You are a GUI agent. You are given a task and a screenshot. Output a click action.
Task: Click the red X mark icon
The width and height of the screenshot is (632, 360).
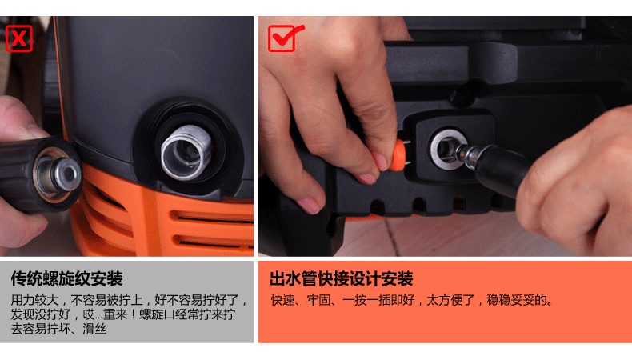click(x=19, y=38)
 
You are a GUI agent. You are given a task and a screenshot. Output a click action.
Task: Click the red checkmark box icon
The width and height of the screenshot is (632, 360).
click(x=286, y=38)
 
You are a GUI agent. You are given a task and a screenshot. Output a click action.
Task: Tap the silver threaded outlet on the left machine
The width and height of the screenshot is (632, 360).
click(x=186, y=152)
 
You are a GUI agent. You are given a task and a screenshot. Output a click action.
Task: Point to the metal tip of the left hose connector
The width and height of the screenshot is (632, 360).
click(x=66, y=174)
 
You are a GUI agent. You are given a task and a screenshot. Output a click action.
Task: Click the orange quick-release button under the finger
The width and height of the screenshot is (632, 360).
click(x=398, y=155)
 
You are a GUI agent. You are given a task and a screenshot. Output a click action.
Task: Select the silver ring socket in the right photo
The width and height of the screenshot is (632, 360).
click(x=447, y=148)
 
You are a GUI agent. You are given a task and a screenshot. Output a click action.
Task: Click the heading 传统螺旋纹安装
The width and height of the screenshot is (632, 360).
click(x=66, y=278)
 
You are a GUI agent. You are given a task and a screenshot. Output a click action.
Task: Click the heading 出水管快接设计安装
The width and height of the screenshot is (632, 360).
click(x=342, y=278)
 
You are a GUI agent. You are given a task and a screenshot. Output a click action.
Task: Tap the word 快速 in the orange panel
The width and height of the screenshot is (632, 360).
click(x=282, y=300)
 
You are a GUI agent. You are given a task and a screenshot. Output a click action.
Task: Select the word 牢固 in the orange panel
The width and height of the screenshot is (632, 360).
click(x=318, y=300)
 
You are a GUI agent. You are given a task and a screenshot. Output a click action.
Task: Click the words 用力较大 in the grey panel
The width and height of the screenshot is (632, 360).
click(x=34, y=300)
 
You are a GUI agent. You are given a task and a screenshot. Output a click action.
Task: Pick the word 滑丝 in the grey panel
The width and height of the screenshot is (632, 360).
click(x=94, y=329)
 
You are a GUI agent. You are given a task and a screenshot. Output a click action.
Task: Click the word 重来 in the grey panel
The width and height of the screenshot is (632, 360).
click(x=116, y=314)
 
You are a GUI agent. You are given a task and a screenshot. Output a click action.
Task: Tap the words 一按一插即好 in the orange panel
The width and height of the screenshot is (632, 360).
click(x=378, y=300)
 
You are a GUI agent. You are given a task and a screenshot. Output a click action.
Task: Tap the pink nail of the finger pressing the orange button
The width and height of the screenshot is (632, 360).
click(x=379, y=161)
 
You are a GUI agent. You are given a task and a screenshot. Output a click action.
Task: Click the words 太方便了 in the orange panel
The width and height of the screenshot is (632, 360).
click(x=450, y=300)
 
